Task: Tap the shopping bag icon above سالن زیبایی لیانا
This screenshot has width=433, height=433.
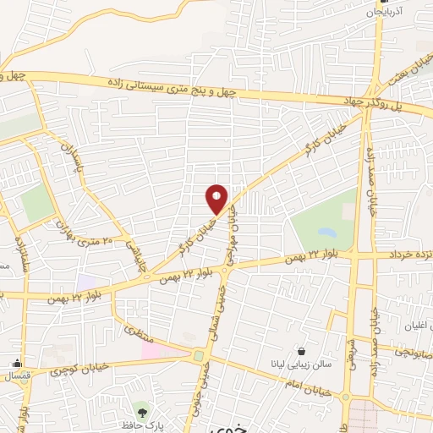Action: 302,351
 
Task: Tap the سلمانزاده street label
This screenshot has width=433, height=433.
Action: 19,254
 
